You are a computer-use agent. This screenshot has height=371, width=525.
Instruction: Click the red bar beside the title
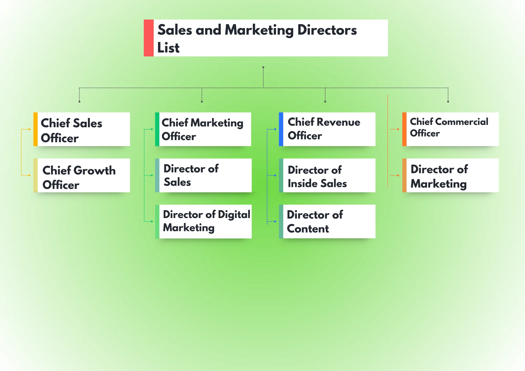click(149, 38)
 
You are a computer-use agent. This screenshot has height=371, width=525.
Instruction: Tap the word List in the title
click(168, 48)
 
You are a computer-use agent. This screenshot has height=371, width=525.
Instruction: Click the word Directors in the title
click(327, 30)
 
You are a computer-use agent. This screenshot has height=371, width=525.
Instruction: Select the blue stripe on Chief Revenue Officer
click(281, 129)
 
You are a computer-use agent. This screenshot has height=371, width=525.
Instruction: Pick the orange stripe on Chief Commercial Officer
click(404, 129)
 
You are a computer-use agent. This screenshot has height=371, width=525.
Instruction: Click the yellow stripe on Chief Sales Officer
click(35, 129)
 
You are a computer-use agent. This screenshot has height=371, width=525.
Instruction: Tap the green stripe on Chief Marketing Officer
click(157, 129)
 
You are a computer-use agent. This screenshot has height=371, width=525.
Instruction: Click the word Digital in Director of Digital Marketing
click(234, 215)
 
